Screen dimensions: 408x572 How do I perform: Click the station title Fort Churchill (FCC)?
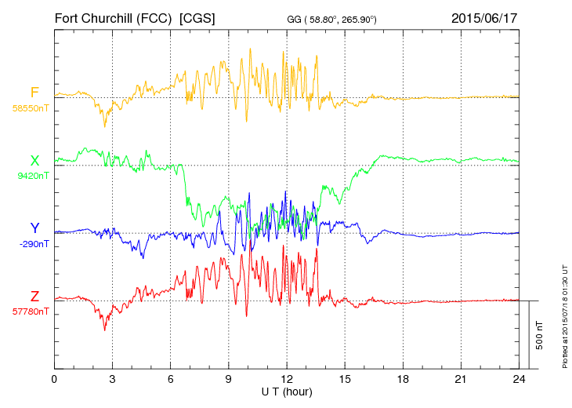[x=111, y=17]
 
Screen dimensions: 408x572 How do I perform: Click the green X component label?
[x=34, y=161]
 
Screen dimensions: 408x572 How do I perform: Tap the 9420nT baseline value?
[x=32, y=176]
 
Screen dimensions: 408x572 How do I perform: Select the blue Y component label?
[x=34, y=228]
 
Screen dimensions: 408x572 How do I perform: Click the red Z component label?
[x=34, y=297]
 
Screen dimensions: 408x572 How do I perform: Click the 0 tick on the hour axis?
[x=54, y=379]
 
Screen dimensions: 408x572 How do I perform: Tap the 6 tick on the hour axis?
[x=171, y=379]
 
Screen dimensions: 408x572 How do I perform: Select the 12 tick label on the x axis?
[x=287, y=379]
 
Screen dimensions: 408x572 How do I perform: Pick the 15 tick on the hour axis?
[x=345, y=379]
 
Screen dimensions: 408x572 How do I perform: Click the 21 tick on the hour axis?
[x=462, y=379]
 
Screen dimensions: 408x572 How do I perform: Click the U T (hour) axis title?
[x=287, y=391]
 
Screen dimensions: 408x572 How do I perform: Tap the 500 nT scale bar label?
[x=540, y=335]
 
